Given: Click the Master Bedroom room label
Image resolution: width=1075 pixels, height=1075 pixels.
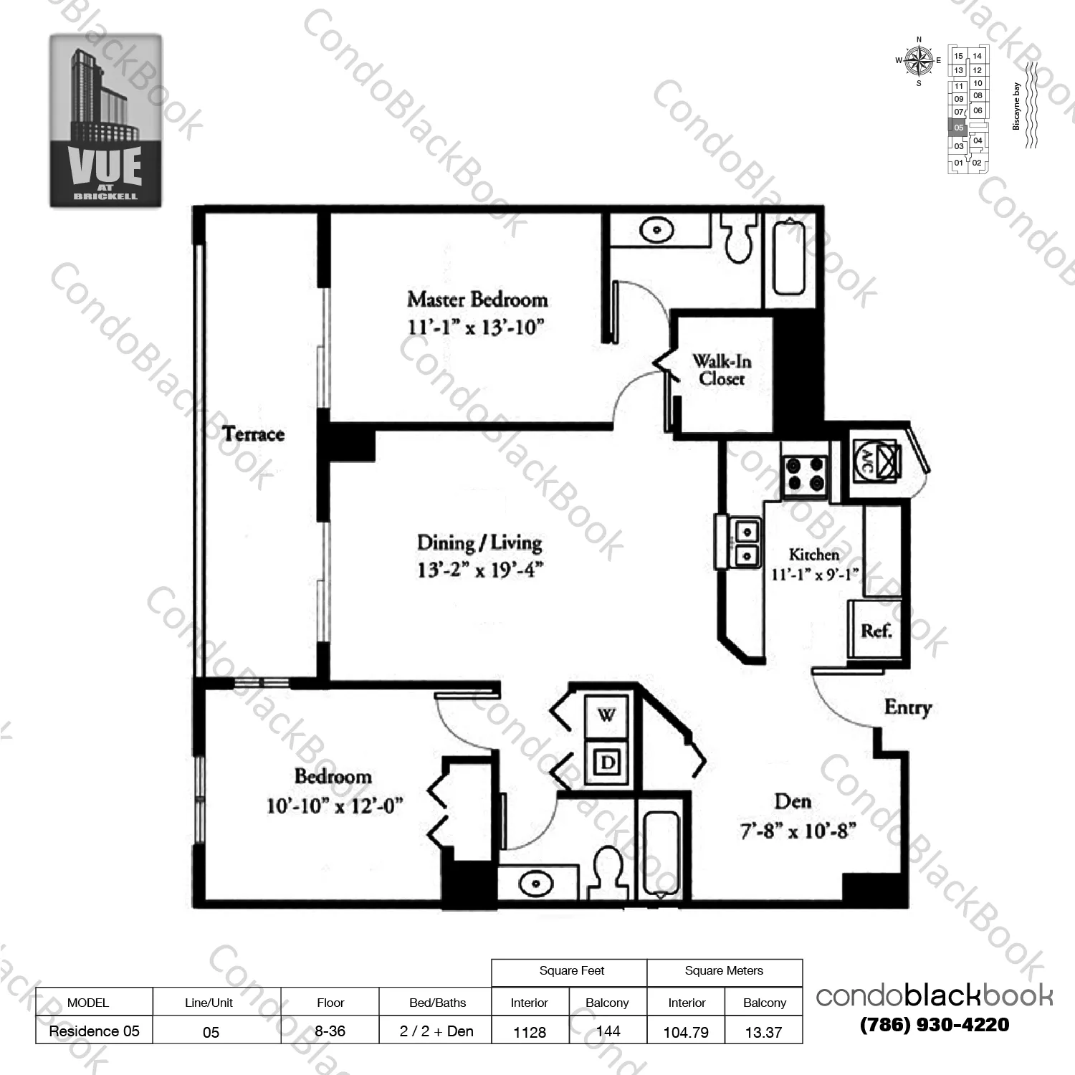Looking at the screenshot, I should click(477, 300).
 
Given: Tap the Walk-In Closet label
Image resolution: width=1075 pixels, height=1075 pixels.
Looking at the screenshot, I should click(722, 370).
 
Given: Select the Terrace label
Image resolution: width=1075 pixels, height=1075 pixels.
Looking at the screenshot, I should click(253, 434).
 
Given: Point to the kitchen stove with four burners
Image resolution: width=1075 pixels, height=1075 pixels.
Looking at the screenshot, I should click(805, 474).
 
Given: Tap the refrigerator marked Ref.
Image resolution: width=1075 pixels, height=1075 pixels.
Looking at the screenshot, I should click(876, 631).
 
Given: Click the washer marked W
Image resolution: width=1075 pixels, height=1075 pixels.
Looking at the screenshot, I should click(607, 715).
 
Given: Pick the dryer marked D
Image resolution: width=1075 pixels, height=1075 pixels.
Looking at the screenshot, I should click(608, 762).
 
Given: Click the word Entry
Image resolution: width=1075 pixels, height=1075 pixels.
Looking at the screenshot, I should click(907, 707).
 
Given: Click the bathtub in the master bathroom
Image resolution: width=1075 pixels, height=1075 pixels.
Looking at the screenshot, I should click(789, 257).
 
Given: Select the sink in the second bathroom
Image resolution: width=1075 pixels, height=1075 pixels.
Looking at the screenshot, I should click(535, 883).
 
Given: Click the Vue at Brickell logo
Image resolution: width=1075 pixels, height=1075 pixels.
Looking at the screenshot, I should click(105, 120).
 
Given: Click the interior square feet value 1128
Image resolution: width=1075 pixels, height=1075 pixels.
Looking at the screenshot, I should click(530, 1032).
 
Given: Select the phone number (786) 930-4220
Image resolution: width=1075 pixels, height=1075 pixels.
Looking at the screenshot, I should click(935, 1025).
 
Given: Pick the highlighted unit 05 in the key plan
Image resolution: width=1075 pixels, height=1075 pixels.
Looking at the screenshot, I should click(958, 128).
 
